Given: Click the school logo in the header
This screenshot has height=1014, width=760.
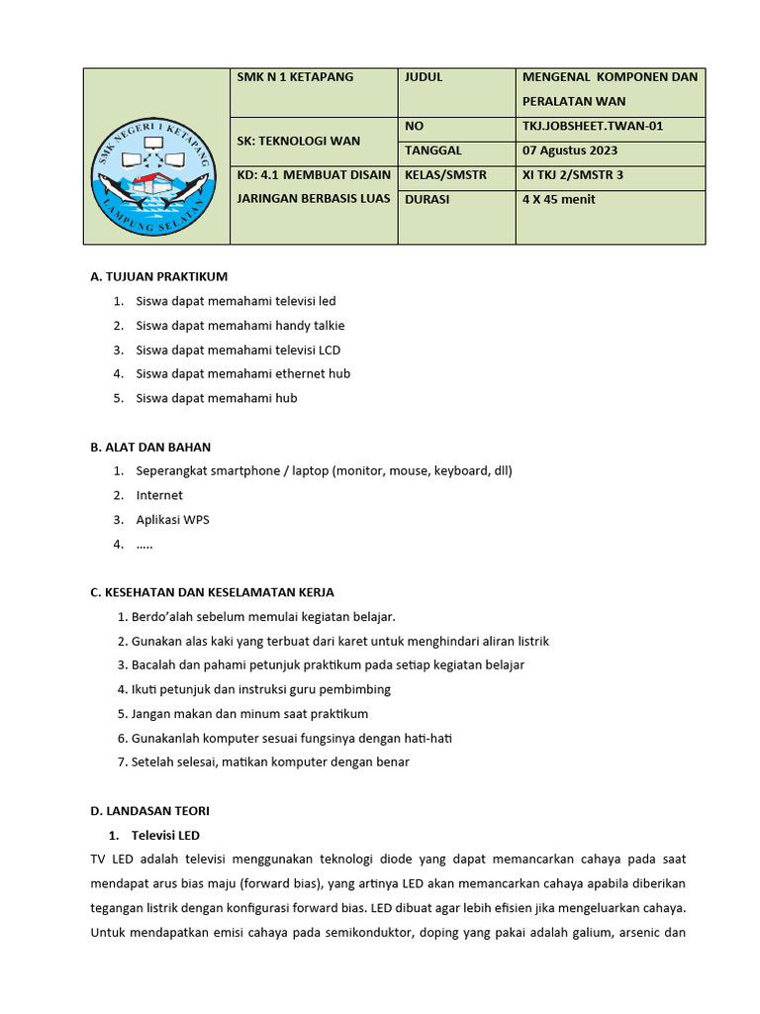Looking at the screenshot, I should click(x=156, y=158).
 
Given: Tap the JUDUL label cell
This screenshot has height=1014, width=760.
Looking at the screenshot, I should click(x=424, y=77).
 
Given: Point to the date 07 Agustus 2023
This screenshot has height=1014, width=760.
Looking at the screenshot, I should click(x=570, y=151).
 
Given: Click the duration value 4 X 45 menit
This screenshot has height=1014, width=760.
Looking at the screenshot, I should click(x=559, y=199).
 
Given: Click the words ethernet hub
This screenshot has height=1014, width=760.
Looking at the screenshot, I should click(x=314, y=373).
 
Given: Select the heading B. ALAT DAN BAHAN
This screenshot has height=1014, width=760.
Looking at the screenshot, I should click(x=150, y=447).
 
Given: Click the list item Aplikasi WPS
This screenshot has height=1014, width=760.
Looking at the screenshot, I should click(x=172, y=519).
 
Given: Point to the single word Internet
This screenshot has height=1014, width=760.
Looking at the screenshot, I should click(x=159, y=495).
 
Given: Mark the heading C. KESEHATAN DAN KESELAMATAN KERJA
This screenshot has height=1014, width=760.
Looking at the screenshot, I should click(x=212, y=592).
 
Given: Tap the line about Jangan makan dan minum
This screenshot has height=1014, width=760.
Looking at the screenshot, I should click(x=248, y=713).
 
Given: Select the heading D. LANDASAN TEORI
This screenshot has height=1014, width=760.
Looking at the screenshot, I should click(x=149, y=810).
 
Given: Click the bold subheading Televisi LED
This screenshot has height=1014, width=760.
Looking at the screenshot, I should click(x=165, y=835).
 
